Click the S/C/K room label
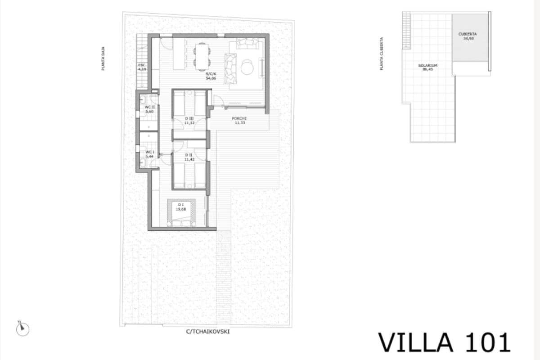(x=211, y=74)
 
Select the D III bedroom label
(x=189, y=118)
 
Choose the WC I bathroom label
(x=149, y=152)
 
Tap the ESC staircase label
(x=142, y=66)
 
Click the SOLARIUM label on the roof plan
(x=427, y=65)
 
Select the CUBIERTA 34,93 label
(x=468, y=36)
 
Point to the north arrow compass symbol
(x=22, y=328)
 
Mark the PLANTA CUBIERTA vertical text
(x=381, y=53)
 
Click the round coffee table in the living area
(x=247, y=67)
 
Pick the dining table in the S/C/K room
(x=202, y=56)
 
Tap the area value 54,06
(x=211, y=78)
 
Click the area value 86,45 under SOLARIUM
(x=427, y=69)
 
